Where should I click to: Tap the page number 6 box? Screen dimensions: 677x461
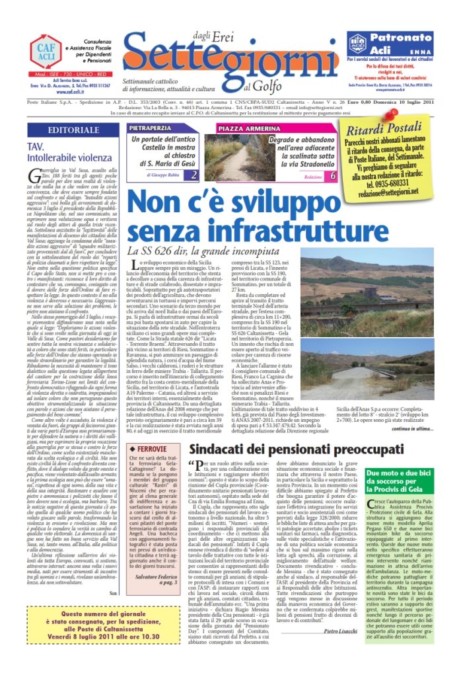click(332, 176)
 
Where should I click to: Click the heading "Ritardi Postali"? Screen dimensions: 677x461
click(391, 130)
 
